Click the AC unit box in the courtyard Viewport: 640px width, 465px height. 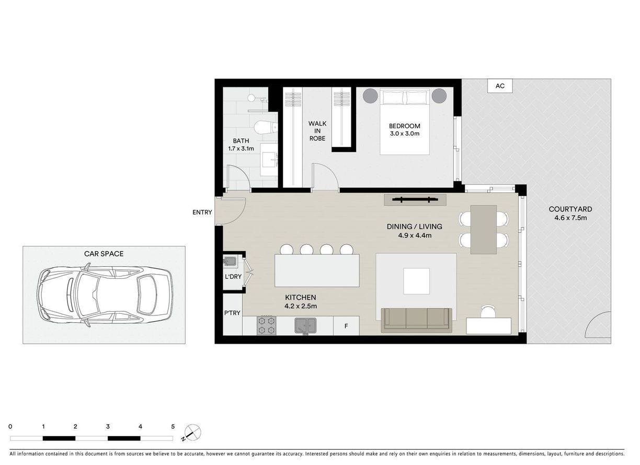click(500, 86)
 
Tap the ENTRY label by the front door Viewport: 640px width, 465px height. click(202, 212)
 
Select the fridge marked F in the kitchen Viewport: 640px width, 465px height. click(346, 326)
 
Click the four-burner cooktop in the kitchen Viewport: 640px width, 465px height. click(267, 325)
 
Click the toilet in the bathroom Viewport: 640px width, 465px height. click(265, 128)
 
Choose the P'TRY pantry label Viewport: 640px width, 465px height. click(232, 313)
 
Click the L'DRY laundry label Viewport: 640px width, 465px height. click(233, 277)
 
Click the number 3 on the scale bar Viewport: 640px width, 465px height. click(108, 427)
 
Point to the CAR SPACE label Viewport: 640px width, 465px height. click(104, 254)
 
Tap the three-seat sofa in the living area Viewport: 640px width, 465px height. click(417, 320)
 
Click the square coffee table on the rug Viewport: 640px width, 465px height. click(416, 281)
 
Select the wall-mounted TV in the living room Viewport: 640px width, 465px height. click(415, 200)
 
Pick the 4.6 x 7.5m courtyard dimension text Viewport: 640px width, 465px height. click(570, 218)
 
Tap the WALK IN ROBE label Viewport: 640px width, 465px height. click(317, 131)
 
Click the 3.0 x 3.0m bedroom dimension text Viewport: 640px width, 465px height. click(405, 133)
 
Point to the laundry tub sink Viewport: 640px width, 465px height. click(230, 261)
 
